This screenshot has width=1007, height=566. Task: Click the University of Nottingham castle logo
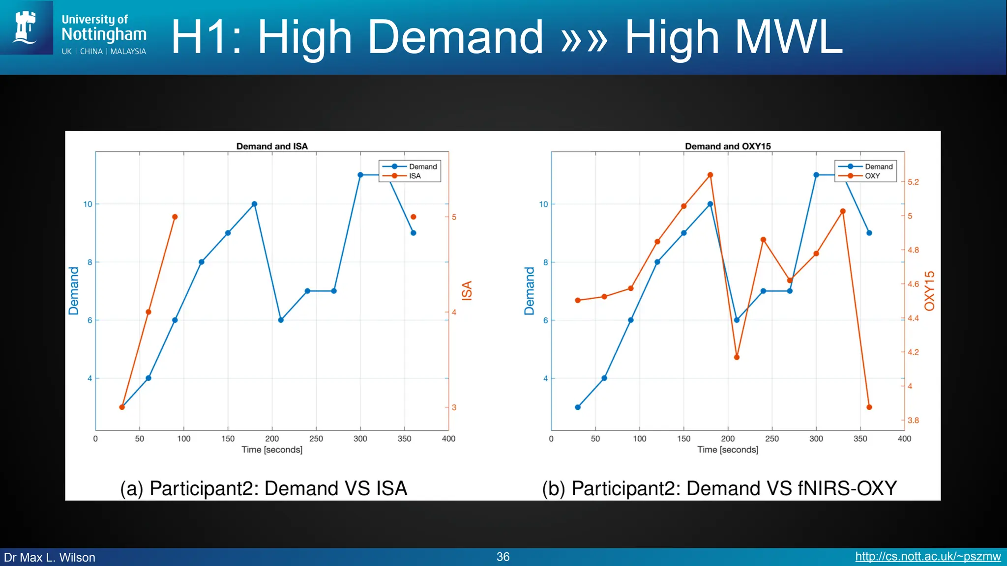26,27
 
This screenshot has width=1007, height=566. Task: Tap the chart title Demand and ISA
272,146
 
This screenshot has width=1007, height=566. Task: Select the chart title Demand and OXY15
728,146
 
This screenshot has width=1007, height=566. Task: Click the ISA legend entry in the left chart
415,176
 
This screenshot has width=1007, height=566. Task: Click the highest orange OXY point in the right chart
710,175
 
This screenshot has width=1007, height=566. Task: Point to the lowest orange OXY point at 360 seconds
869,407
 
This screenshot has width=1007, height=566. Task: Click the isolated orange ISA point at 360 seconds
413,217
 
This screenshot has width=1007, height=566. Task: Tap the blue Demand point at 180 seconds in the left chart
254,204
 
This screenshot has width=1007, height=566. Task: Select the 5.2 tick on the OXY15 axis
913,182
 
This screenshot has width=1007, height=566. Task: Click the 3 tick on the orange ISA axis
454,407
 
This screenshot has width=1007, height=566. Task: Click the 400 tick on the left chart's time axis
448,439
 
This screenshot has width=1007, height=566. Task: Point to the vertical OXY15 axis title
929,291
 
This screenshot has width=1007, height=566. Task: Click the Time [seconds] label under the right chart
728,450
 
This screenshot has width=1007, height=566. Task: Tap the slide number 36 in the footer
503,557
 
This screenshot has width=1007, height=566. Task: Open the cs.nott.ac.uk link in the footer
928,557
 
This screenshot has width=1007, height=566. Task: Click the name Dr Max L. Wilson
50,557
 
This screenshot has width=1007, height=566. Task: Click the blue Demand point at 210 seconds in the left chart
281,320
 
